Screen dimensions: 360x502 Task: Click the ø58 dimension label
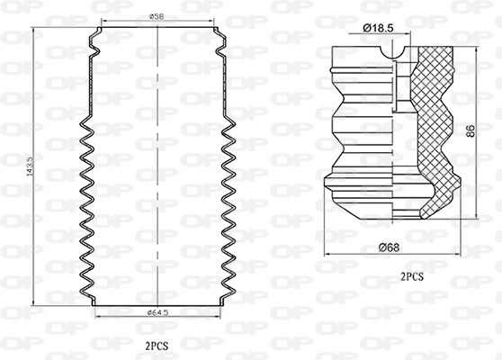tap(157, 17)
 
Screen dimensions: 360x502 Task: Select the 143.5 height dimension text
tap(33, 168)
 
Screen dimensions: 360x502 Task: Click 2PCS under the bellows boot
tap(157, 345)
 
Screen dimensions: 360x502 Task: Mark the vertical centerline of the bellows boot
tap(158, 180)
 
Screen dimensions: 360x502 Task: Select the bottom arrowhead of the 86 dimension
tap(466, 219)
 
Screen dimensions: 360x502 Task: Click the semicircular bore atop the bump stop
tap(395, 58)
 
